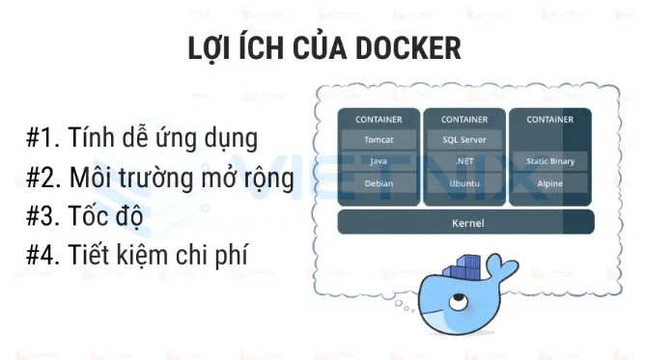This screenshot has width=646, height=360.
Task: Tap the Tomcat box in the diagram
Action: click(x=379, y=140)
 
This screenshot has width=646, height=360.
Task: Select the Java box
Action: click(x=379, y=161)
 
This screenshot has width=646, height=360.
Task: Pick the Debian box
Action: click(x=379, y=182)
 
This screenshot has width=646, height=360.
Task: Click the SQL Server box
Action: click(x=464, y=140)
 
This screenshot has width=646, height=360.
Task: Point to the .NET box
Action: click(x=464, y=161)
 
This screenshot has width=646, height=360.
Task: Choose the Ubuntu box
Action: click(x=464, y=182)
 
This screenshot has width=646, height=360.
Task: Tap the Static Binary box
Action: click(x=549, y=161)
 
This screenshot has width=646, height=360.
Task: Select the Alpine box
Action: click(x=549, y=182)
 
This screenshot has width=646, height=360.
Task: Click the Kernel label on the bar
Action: click(x=467, y=223)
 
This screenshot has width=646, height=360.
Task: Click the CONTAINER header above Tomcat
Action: click(x=379, y=120)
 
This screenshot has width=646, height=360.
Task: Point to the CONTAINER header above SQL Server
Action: click(x=464, y=120)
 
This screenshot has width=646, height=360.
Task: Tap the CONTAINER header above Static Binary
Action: click(x=549, y=120)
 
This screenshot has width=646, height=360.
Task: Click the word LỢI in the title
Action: click(x=211, y=48)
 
